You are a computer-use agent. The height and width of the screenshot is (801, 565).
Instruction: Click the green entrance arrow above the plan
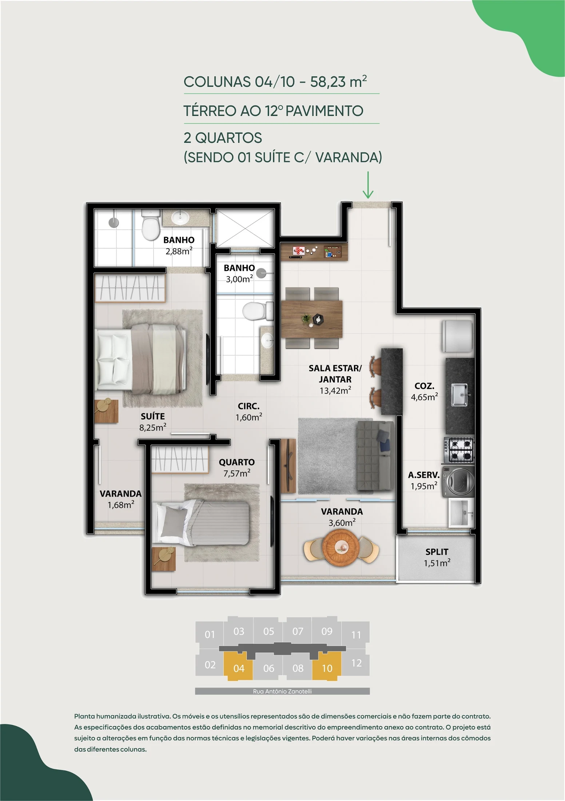[x=368, y=185]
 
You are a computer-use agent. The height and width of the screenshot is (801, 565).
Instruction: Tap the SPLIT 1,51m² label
[x=437, y=557]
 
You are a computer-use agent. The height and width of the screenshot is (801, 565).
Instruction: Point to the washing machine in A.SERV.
[x=458, y=481]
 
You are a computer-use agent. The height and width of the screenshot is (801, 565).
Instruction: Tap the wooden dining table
[x=311, y=319]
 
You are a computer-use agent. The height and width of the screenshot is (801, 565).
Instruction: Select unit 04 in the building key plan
[x=238, y=666]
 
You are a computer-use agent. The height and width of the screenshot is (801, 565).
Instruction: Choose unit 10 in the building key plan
[x=327, y=666]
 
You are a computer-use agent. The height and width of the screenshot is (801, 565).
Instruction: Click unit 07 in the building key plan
[x=298, y=631]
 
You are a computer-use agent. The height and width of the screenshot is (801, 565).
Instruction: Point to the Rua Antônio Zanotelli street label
[x=282, y=691]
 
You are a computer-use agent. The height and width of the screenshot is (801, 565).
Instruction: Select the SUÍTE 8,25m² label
[x=153, y=422]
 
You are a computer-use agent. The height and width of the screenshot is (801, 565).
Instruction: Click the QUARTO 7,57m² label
[x=237, y=467]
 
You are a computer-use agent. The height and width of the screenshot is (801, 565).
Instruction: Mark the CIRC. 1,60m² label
[x=249, y=412]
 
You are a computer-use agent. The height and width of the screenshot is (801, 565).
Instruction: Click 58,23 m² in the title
[x=338, y=82]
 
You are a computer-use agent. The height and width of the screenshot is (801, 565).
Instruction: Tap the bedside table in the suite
[x=106, y=411]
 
